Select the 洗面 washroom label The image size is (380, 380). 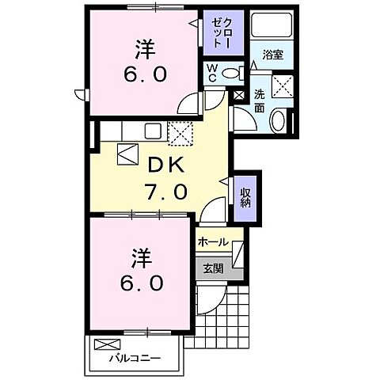pyautogui.click(x=260, y=101)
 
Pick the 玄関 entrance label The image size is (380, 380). pyautogui.click(x=213, y=268)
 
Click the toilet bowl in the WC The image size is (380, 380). pyautogui.click(x=230, y=74)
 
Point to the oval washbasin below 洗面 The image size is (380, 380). pyautogui.click(x=279, y=121)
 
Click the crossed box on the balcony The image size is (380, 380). pyautogui.click(x=105, y=345)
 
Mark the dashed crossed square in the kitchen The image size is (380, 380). pyautogui.click(x=180, y=134)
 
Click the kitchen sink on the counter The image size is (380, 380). pyautogui.click(x=153, y=131)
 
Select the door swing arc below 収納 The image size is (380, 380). pyautogui.click(x=215, y=210)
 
